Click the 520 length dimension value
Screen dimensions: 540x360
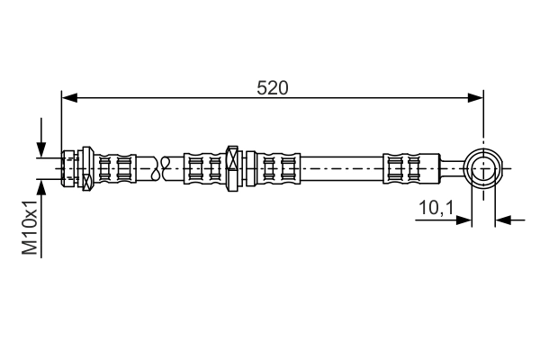point(272,88)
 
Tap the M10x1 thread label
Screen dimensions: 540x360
point(30,227)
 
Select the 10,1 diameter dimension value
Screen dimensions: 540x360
point(436,208)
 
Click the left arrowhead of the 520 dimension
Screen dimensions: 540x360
point(69,98)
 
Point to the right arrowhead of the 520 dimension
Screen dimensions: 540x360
point(475,98)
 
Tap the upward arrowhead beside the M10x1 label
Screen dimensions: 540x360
point(41,187)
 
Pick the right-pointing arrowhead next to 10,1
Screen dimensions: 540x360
point(463,220)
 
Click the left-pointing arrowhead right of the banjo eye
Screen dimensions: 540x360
point(503,220)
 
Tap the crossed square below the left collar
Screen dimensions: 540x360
point(87,181)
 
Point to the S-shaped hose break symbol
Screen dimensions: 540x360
point(161,168)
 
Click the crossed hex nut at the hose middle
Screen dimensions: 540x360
point(233,168)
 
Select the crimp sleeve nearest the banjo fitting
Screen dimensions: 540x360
point(411,168)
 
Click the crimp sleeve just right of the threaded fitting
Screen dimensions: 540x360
point(114,168)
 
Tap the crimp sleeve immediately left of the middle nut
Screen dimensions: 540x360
point(205,168)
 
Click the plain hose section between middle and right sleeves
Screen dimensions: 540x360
point(342,168)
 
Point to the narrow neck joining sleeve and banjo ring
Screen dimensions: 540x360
point(452,168)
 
